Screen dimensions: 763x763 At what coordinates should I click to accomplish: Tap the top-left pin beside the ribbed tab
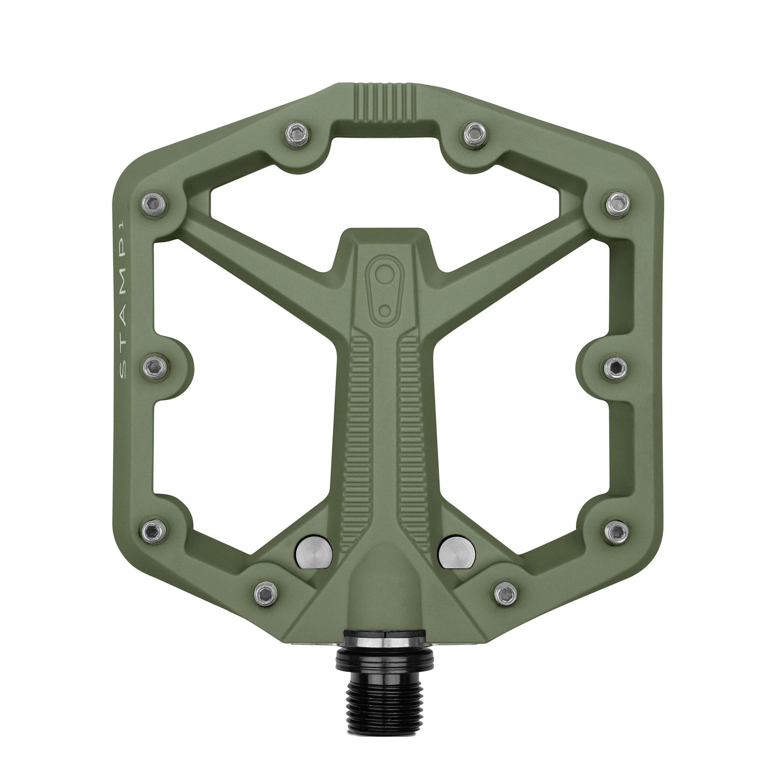(x=296, y=136)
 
